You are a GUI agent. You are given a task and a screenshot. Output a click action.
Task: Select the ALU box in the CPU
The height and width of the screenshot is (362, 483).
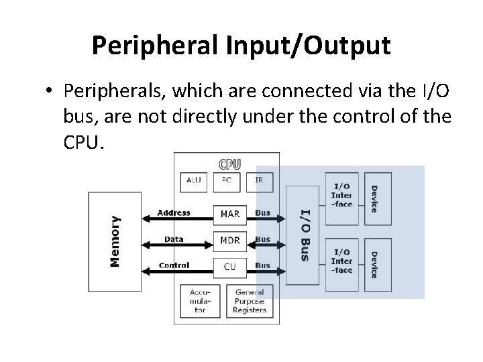coord(194,181)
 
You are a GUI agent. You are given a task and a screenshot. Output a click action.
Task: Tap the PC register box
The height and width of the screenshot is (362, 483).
coord(227,181)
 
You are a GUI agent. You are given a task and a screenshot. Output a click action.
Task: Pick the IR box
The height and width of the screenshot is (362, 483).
coord(258,181)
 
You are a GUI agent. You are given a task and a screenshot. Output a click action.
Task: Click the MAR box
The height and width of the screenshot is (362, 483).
coord(229,214)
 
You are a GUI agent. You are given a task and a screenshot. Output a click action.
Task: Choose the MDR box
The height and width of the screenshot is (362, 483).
coord(229,240)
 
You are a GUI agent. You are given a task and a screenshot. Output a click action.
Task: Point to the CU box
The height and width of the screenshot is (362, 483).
coord(229,266)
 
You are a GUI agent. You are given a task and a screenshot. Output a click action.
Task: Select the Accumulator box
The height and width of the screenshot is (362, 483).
coord(199,301)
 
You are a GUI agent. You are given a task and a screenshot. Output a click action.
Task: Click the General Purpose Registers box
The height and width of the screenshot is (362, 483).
coord(250,301)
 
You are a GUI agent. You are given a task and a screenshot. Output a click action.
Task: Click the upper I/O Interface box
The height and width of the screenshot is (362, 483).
coord(341,195)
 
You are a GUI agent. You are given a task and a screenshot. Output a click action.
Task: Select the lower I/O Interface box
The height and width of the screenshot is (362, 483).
coord(341,261)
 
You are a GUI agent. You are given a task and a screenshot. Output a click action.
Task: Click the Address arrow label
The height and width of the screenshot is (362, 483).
coord(174,213)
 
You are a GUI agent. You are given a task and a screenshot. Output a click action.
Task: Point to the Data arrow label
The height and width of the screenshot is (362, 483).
coord(174,239)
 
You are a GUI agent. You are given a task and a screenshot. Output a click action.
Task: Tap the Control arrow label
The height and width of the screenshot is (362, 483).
coord(174,265)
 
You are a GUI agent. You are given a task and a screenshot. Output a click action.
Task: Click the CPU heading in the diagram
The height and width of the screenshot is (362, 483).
coord(229,164)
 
